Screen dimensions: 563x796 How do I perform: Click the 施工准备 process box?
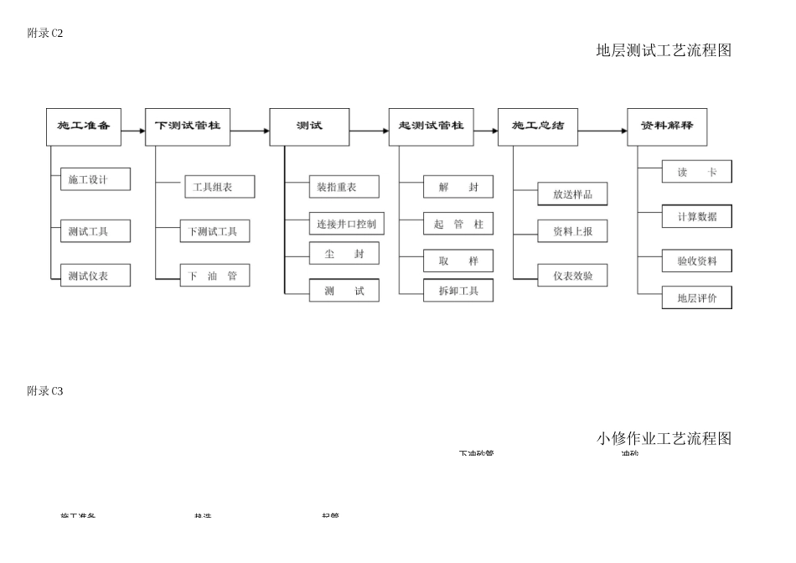pyautogui.click(x=84, y=127)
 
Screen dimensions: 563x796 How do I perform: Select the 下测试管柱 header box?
pyautogui.click(x=188, y=127)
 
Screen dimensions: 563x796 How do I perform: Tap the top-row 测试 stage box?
pyautogui.click(x=309, y=127)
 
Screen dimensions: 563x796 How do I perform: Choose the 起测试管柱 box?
pyautogui.click(x=431, y=127)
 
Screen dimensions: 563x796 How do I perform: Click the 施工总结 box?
pyautogui.click(x=537, y=127)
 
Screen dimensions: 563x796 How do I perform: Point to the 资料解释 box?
pyautogui.click(x=667, y=127)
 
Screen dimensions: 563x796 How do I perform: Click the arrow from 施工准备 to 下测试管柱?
pyautogui.click(x=133, y=131)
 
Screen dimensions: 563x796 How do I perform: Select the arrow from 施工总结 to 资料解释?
pyautogui.click(x=602, y=131)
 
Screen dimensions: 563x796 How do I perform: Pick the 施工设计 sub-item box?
pyautogui.click(x=96, y=179)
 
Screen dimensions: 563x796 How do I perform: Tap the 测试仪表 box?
pyautogui.click(x=96, y=275)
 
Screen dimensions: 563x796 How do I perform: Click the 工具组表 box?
pyautogui.click(x=219, y=187)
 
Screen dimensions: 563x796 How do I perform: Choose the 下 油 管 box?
pyautogui.click(x=215, y=275)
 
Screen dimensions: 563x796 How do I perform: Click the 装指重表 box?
pyautogui.click(x=344, y=187)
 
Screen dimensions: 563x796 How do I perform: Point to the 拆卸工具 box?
pyautogui.click(x=458, y=291)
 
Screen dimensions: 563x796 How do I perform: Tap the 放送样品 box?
pyautogui.click(x=572, y=194)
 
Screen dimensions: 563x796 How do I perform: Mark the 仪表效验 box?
pyautogui.click(x=572, y=275)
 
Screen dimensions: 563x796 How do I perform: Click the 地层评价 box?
pyautogui.click(x=696, y=297)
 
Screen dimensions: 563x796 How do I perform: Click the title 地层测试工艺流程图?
pyautogui.click(x=664, y=50)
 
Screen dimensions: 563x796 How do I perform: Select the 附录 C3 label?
pyautogui.click(x=45, y=391)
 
